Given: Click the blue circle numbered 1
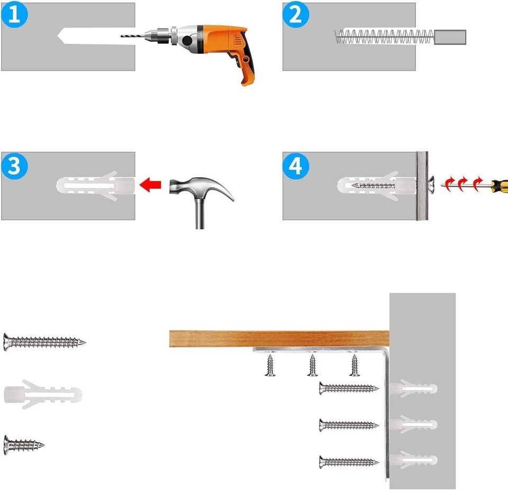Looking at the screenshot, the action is pyautogui.click(x=14, y=15).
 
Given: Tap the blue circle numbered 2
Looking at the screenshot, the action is pyautogui.click(x=295, y=15).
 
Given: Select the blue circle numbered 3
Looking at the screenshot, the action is pyautogui.click(x=14, y=167).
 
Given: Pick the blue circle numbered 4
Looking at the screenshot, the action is pyautogui.click(x=295, y=167).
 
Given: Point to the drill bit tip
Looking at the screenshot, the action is pyautogui.click(x=122, y=36).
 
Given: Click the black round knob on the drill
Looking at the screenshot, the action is pyautogui.click(x=187, y=41).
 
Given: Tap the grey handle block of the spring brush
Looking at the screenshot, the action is pyautogui.click(x=450, y=37).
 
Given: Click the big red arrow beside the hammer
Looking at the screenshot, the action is pyautogui.click(x=150, y=184).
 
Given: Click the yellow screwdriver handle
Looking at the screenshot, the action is pyautogui.click(x=499, y=186).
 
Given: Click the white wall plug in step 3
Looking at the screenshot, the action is pyautogui.click(x=96, y=186).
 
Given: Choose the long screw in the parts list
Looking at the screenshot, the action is pyautogui.click(x=44, y=342).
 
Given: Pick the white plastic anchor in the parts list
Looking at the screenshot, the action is pyautogui.click(x=43, y=394).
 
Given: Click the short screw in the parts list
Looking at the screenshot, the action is pyautogui.click(x=24, y=445).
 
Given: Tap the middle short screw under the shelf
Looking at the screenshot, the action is pyautogui.click(x=312, y=365).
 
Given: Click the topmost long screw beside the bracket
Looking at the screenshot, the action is pyautogui.click(x=349, y=388).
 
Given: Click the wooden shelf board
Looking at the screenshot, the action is pyautogui.click(x=279, y=339).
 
